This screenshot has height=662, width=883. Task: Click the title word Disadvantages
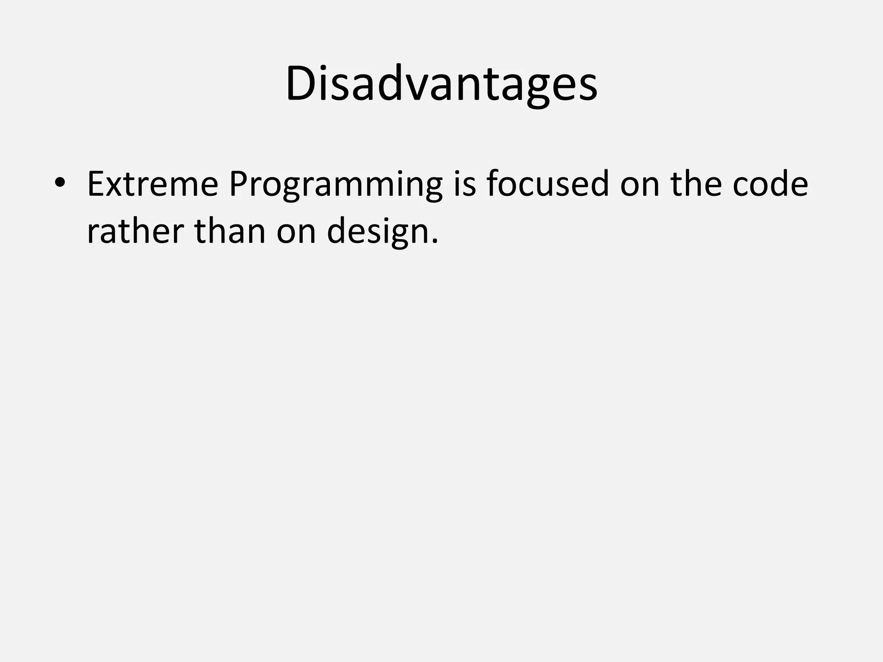pos(441,84)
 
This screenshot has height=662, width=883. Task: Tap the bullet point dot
pos(59,183)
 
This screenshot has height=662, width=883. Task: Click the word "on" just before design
pos(296,233)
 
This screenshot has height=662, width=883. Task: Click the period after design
pos(434,242)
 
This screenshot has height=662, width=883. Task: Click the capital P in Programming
pos(238,184)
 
